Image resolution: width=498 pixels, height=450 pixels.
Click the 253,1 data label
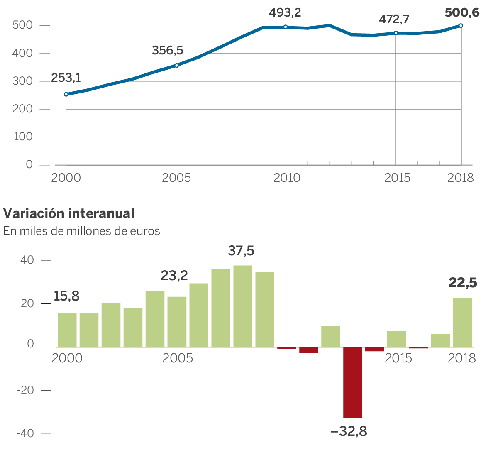point(66,78)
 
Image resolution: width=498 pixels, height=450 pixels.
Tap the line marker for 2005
point(176,65)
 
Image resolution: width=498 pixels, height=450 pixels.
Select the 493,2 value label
point(285,13)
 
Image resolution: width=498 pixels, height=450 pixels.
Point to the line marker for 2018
point(461,26)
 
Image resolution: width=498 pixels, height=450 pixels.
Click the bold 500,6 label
point(462,13)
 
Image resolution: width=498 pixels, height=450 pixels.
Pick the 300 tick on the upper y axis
point(23,81)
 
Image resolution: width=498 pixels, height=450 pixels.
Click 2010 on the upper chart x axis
point(286,178)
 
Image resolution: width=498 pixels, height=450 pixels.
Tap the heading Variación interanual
point(69,213)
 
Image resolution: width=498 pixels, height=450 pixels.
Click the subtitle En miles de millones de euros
point(82,231)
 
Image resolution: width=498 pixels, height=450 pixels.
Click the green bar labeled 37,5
point(243,306)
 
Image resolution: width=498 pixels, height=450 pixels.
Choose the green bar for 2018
point(462,322)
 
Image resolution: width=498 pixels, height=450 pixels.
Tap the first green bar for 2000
point(67,330)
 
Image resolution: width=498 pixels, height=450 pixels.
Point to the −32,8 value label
point(349,432)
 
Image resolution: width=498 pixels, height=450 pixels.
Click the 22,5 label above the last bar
point(463,283)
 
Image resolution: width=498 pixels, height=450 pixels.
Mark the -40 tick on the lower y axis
point(26,434)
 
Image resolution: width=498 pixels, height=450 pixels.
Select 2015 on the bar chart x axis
point(398,358)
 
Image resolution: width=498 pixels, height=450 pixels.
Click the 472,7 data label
point(394,19)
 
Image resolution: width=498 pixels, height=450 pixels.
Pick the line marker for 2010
point(286,27)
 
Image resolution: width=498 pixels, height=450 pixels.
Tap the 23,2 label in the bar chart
point(174,275)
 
